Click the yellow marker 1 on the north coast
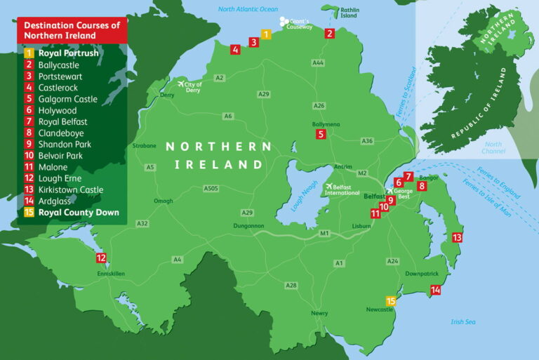[266, 34]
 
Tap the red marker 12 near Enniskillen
[101, 258]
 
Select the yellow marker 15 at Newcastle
[392, 301]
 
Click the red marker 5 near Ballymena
[321, 134]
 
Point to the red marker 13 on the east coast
[458, 237]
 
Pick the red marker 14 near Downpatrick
[435, 289]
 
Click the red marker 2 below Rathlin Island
[330, 33]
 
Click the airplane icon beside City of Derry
[181, 84]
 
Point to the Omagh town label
[163, 201]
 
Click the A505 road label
[211, 188]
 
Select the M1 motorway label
[324, 232]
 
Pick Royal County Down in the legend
[79, 213]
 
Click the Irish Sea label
[463, 321]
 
